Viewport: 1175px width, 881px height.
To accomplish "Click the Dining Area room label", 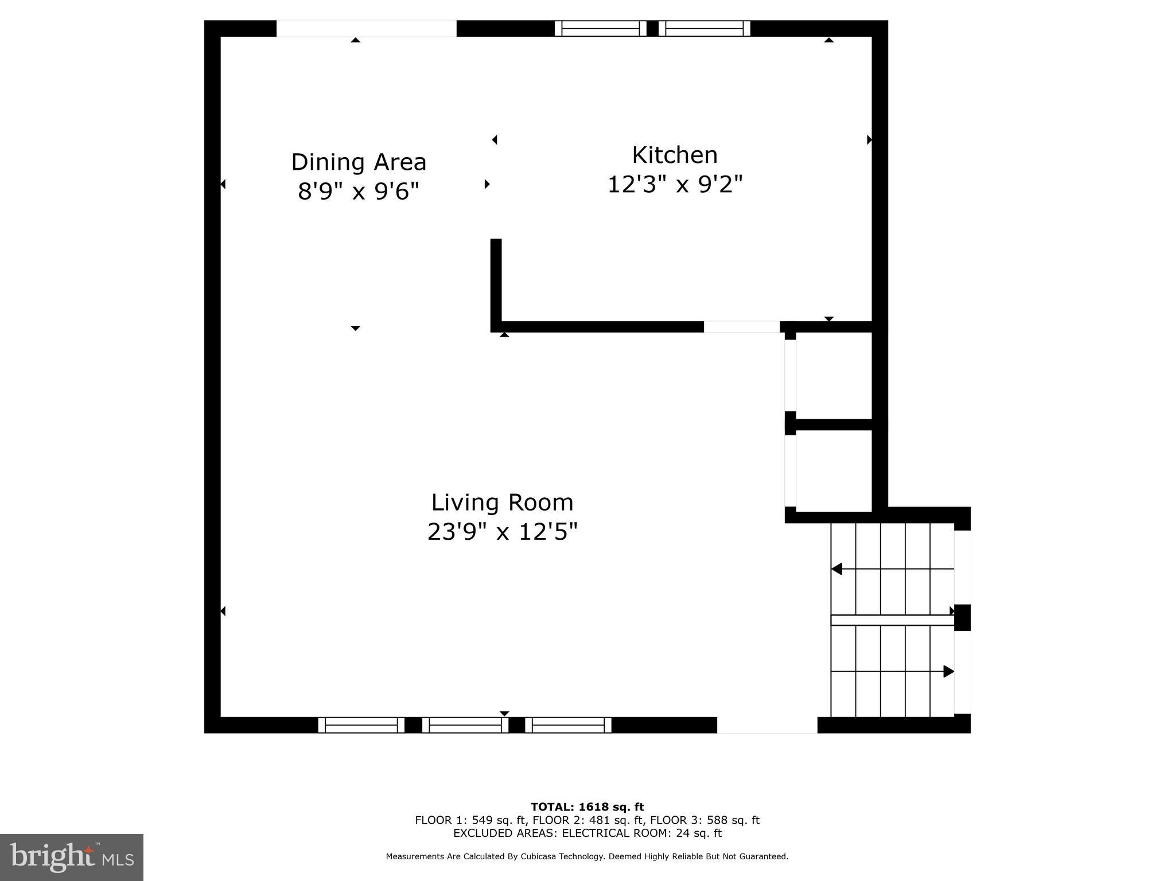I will [x=359, y=162].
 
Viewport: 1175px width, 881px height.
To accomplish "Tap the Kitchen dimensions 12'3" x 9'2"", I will [x=675, y=185].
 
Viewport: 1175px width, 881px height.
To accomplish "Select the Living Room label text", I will [x=502, y=502].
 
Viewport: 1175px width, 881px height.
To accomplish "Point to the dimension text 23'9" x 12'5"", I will [x=502, y=532].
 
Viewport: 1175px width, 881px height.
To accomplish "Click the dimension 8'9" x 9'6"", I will [x=359, y=191].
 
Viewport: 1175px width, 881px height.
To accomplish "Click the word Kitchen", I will [x=675, y=155].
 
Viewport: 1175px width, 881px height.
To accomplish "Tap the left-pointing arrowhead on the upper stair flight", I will [x=837, y=569].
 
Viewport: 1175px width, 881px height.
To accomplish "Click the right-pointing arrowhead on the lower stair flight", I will [x=948, y=671].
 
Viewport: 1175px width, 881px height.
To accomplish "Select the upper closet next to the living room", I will [x=834, y=376].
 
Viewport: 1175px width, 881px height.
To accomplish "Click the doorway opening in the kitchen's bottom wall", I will [x=741, y=327].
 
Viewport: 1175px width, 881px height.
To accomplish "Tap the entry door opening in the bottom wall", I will [x=767, y=725].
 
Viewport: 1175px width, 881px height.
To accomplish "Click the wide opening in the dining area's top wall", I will [x=366, y=29].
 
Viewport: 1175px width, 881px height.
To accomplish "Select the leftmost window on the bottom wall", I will [x=361, y=725].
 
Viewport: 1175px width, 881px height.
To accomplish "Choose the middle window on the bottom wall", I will [x=465, y=725].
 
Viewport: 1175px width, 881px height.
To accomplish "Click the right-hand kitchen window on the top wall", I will [x=704, y=29].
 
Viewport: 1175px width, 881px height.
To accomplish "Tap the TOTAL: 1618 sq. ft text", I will [x=587, y=808].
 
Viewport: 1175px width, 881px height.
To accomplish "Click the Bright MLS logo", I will [x=72, y=857].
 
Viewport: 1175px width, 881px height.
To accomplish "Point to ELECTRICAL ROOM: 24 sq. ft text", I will [x=641, y=833].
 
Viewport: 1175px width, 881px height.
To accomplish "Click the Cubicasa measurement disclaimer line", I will [x=587, y=856].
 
